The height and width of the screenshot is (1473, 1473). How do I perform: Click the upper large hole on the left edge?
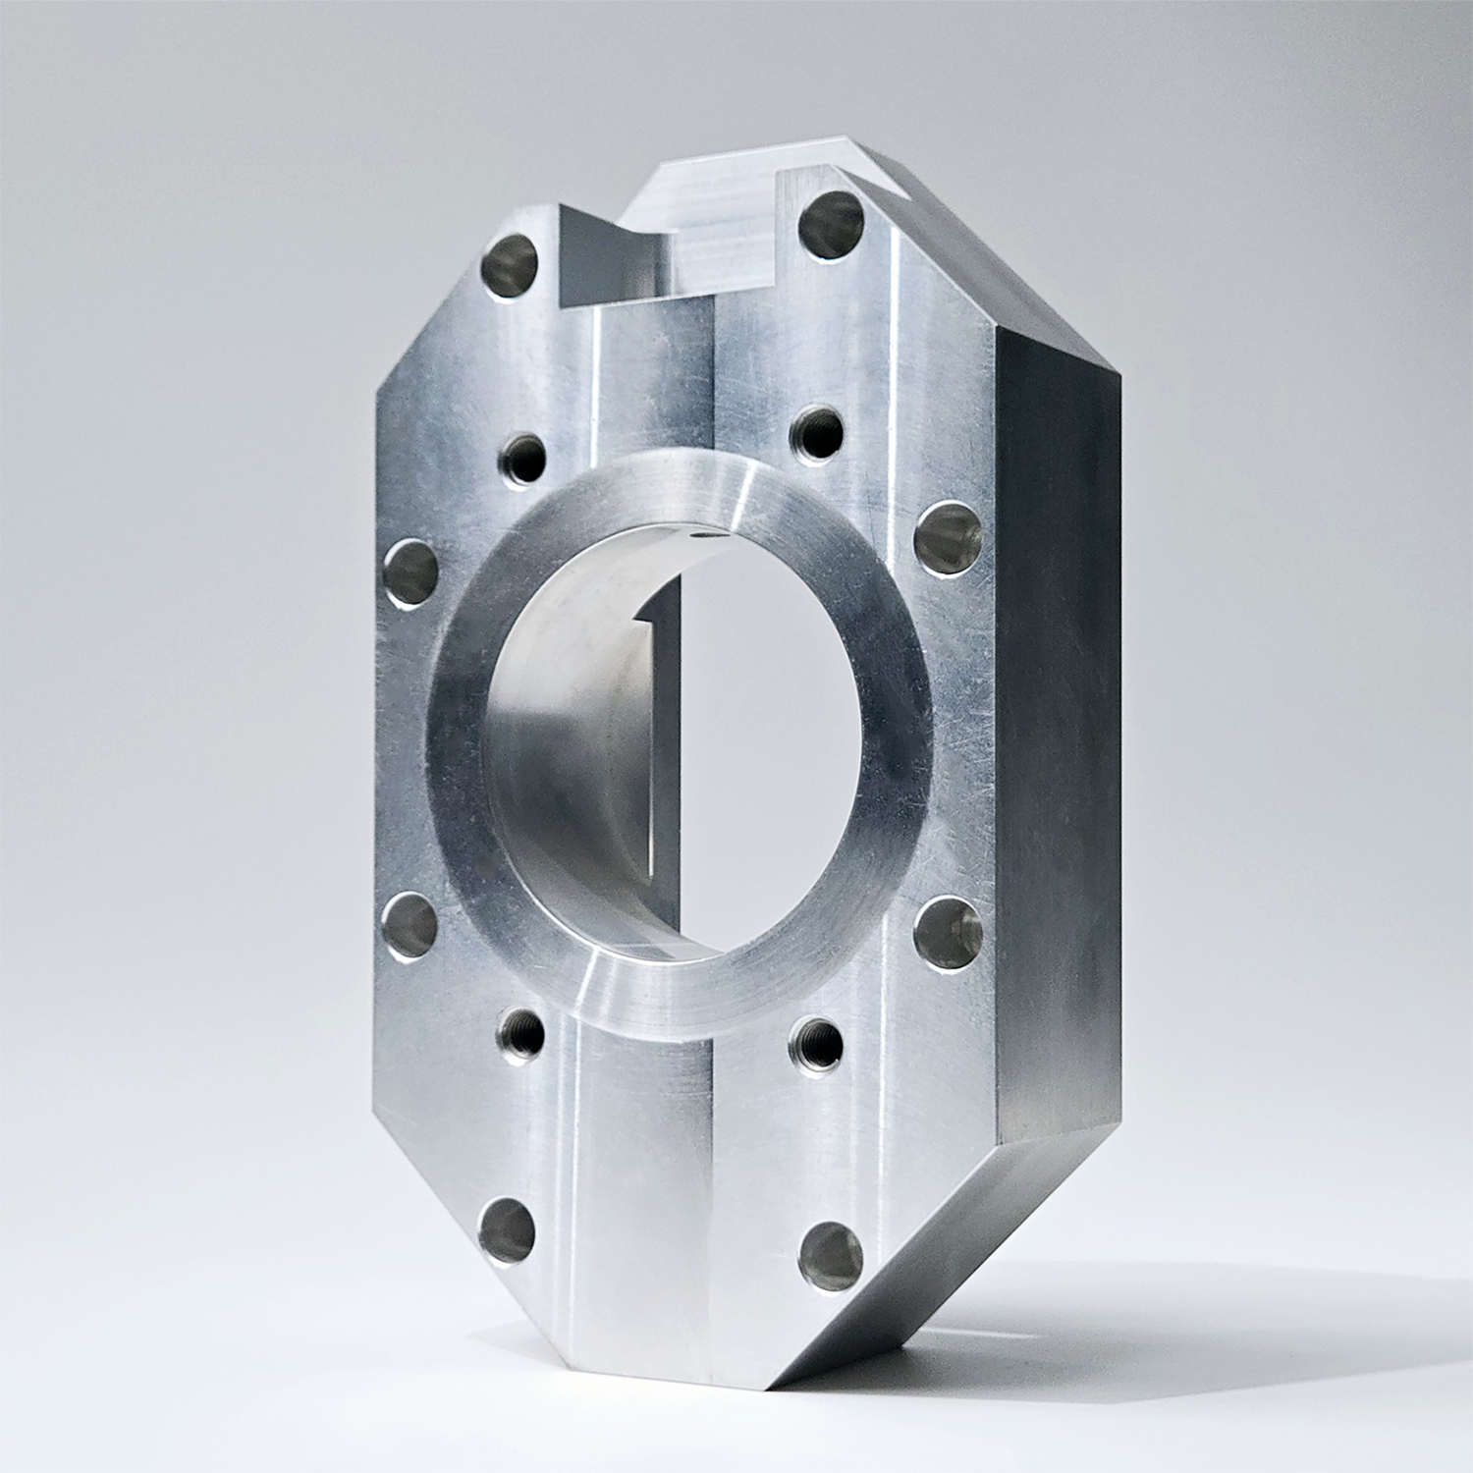(x=408, y=568)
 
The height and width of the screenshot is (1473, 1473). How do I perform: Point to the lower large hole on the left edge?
(x=408, y=922)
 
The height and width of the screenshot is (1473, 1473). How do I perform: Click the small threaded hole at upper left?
(x=524, y=455)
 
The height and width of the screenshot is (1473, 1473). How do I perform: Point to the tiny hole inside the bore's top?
(x=699, y=536)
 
